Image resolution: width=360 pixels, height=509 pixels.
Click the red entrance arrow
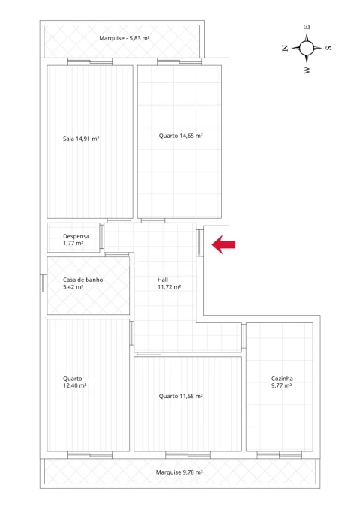click(223, 244)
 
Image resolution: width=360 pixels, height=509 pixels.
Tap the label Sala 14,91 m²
click(81, 139)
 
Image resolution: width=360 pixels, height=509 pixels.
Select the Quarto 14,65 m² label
click(181, 136)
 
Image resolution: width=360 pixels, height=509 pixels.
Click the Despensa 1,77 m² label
click(76, 240)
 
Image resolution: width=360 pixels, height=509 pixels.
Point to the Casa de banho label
click(82, 280)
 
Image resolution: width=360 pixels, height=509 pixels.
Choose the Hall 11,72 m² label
click(169, 283)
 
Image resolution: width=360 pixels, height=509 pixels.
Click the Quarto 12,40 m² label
click(74, 382)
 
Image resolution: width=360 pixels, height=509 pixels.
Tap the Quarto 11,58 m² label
click(181, 396)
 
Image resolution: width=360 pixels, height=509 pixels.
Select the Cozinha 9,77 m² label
click(282, 382)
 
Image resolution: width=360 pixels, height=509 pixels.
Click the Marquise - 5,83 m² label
click(124, 38)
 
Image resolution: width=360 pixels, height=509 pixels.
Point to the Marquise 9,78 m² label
click(179, 472)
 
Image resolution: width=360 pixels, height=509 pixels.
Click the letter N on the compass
click(285, 49)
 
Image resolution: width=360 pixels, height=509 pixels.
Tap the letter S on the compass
click(328, 48)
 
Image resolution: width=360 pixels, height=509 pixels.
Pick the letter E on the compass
click(307, 27)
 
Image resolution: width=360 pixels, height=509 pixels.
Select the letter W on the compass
click(307, 70)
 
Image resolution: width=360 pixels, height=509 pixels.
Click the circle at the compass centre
click(307, 49)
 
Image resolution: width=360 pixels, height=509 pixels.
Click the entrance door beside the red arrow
click(200, 243)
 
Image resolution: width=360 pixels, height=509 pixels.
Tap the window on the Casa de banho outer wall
click(43, 283)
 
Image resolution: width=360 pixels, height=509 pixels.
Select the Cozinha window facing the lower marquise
click(280, 455)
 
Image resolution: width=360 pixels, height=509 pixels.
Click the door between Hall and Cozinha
click(244, 336)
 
